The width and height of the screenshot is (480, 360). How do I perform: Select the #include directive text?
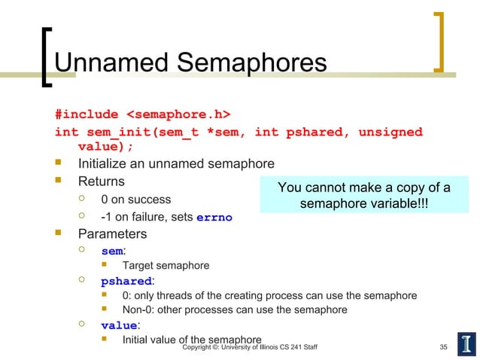[87, 114]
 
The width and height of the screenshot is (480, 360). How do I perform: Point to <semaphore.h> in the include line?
[178, 114]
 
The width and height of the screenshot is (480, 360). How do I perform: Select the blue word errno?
[214, 218]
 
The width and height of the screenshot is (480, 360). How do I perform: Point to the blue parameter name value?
[120, 326]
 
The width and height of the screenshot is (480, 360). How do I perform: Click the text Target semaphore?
[166, 265]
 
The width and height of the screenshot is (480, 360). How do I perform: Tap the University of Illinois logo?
[465, 343]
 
